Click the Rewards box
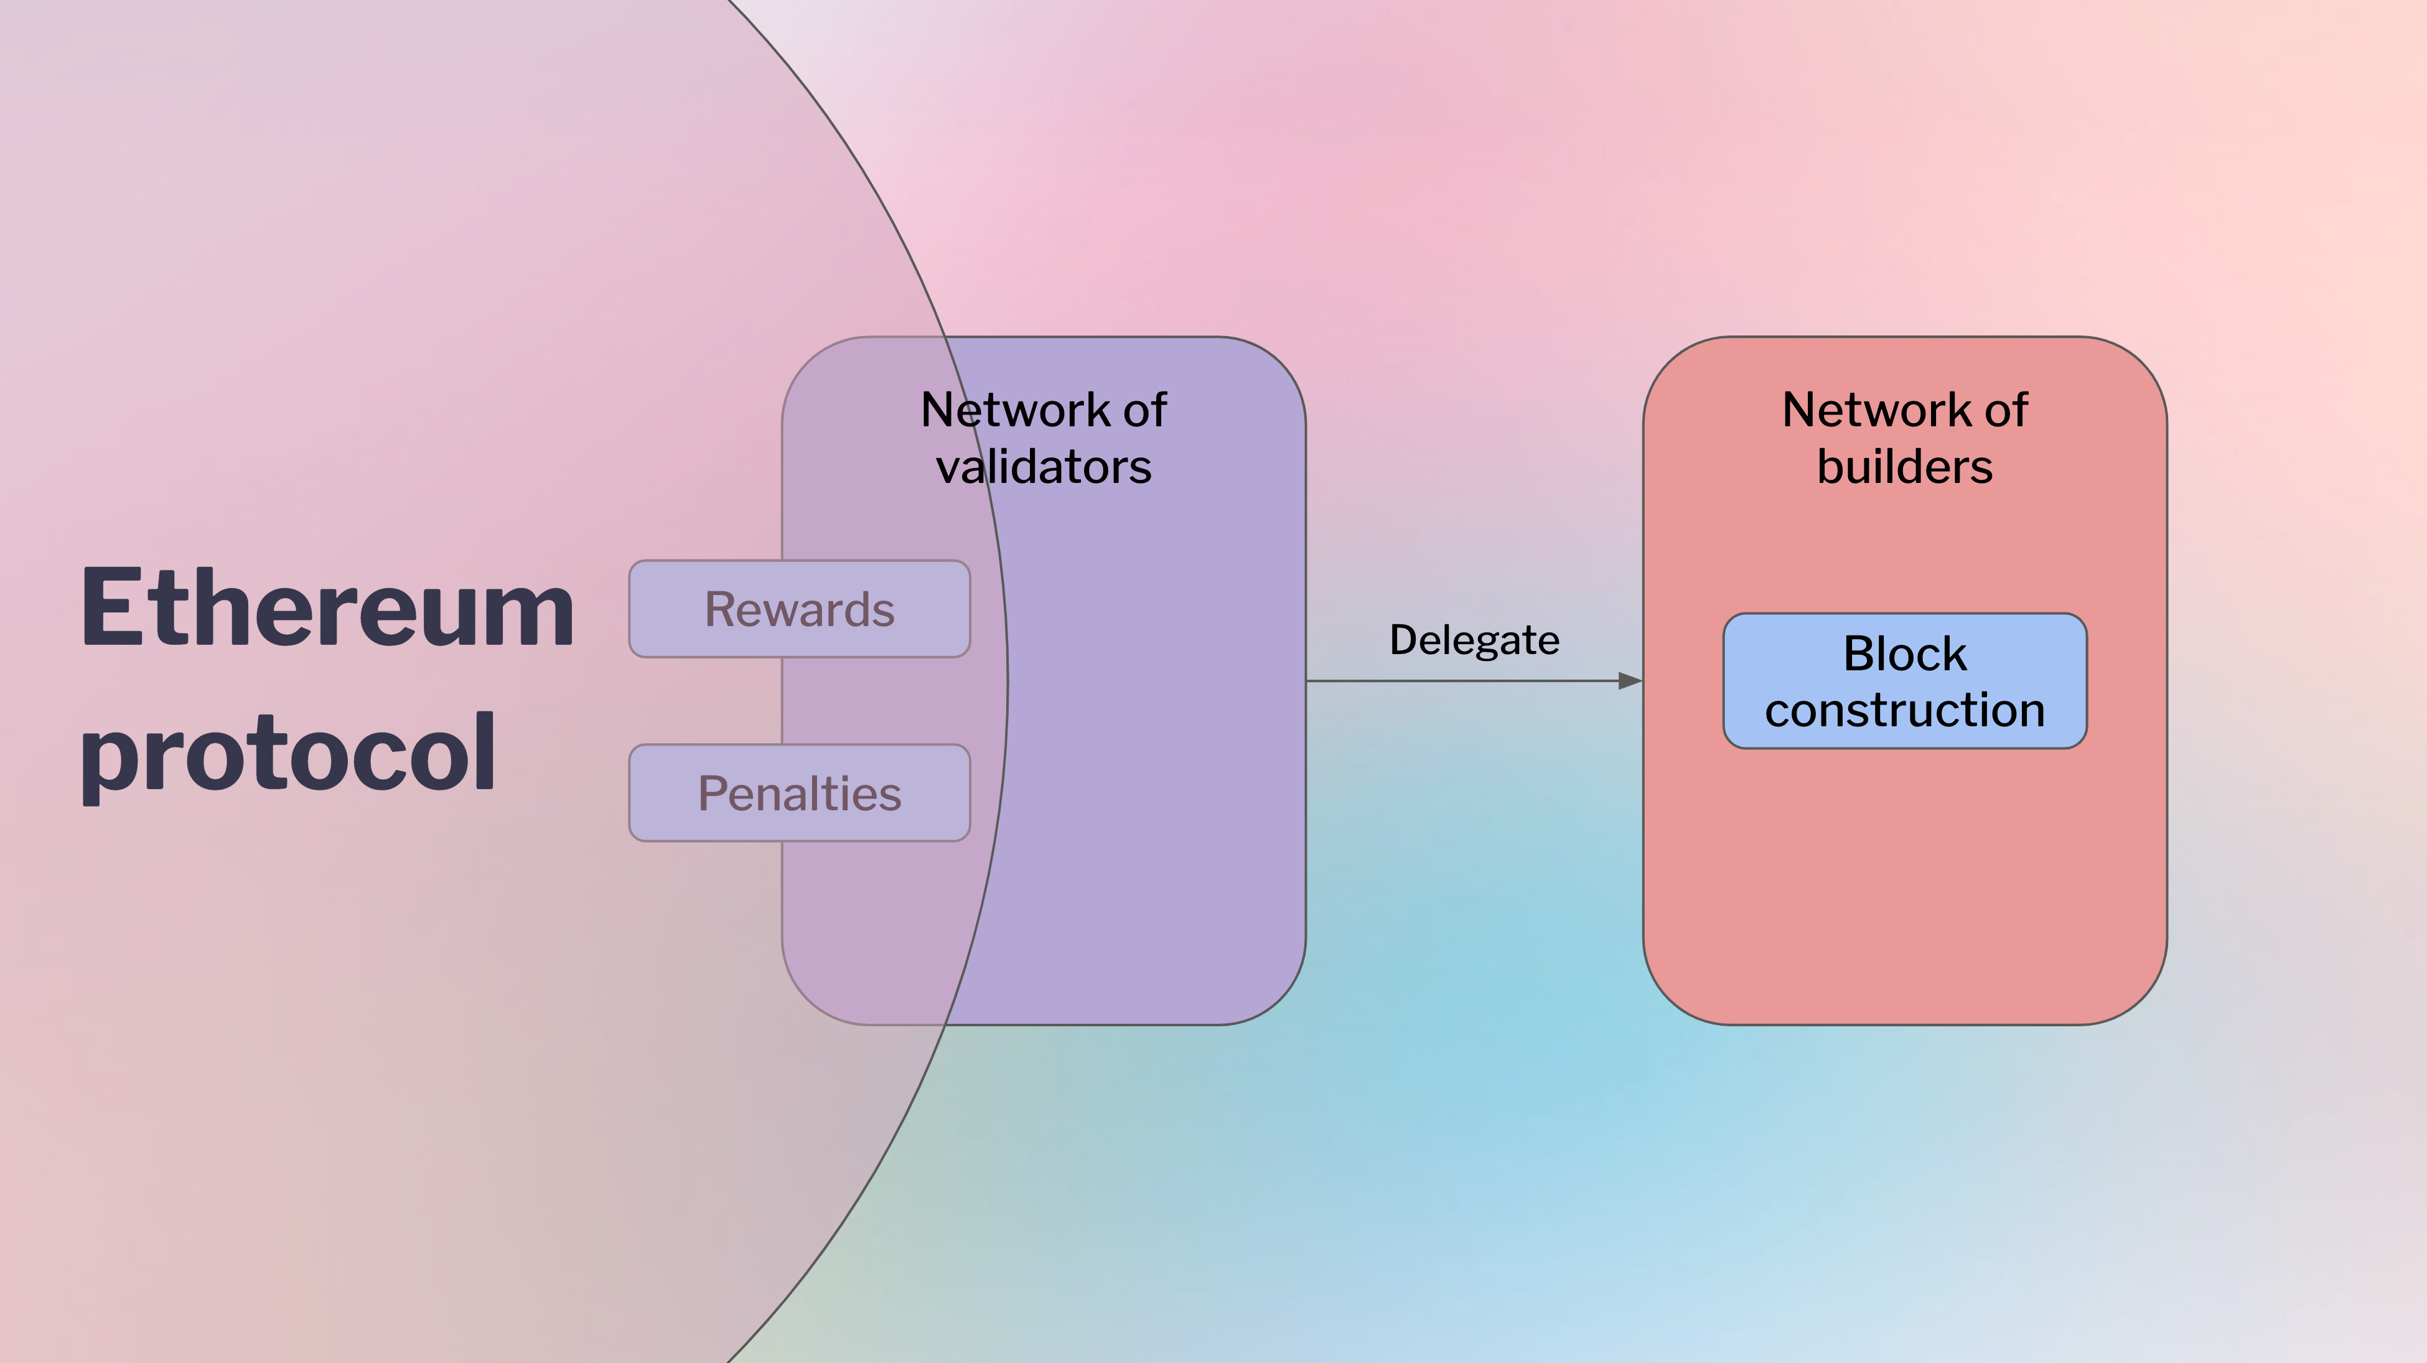coord(799,609)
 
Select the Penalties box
coord(799,792)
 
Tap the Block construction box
coord(1904,681)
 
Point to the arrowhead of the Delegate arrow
coord(1631,680)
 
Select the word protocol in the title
coord(288,754)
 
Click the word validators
coord(1043,466)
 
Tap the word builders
coord(1904,466)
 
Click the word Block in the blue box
coord(1904,653)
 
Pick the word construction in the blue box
coord(1904,710)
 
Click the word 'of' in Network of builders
coord(2007,410)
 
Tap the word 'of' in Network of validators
coord(1146,410)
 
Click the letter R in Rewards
coord(722,609)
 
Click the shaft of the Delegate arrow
coord(1462,680)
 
